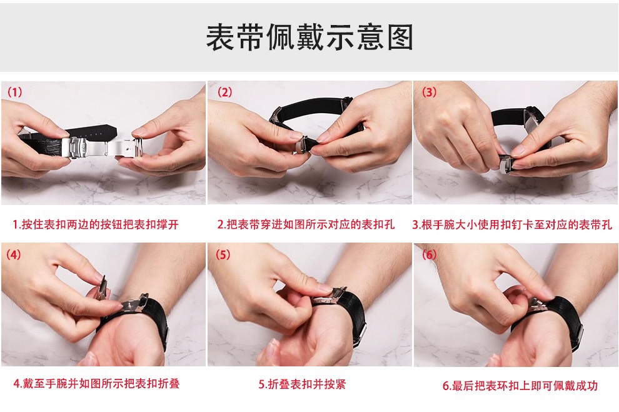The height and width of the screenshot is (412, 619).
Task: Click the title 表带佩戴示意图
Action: coord(309,38)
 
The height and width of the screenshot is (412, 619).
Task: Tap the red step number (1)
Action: coord(15,92)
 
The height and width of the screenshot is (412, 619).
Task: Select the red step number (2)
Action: coord(224,92)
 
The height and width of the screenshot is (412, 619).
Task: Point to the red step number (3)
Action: coord(429,92)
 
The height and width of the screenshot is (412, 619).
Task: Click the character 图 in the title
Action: coord(400,38)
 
